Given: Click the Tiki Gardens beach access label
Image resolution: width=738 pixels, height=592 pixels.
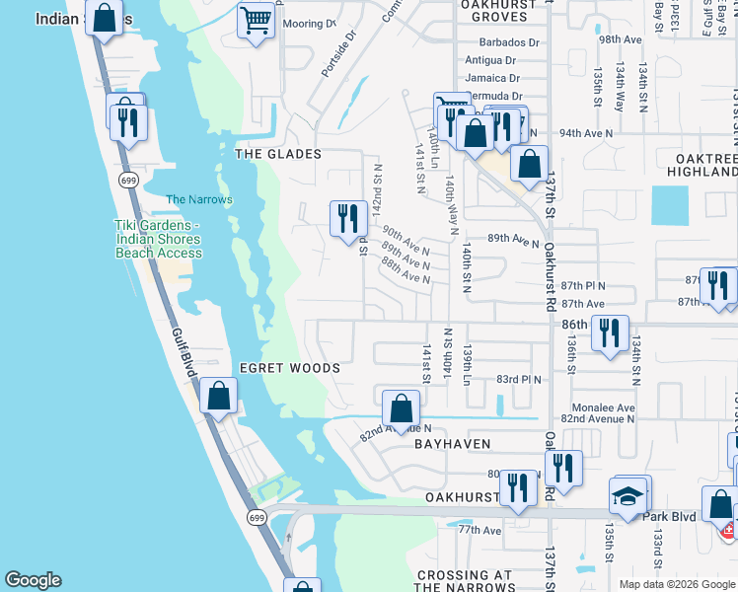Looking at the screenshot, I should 158,239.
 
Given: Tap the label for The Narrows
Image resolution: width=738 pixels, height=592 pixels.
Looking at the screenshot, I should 199,199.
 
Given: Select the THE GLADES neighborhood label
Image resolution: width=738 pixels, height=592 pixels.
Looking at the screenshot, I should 278,154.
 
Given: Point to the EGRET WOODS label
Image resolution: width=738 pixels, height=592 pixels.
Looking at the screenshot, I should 290,368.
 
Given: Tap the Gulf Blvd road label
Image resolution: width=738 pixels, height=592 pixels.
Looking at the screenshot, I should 181,348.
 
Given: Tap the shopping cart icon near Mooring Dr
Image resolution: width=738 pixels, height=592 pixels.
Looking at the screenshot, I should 257,20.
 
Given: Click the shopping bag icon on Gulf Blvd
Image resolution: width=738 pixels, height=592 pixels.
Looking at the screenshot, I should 218,397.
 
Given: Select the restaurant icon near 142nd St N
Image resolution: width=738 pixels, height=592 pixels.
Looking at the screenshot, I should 347,217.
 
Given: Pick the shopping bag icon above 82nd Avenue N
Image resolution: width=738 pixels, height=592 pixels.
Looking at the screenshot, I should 402,407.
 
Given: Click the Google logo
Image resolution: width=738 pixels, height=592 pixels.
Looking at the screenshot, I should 33,580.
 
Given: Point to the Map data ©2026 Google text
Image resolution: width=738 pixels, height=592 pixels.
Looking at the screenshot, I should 676,584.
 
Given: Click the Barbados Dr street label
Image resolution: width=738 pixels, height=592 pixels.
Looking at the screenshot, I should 509,43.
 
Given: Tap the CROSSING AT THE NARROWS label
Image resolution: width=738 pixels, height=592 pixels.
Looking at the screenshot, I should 464,581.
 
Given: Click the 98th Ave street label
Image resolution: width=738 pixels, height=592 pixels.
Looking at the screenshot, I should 620,39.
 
